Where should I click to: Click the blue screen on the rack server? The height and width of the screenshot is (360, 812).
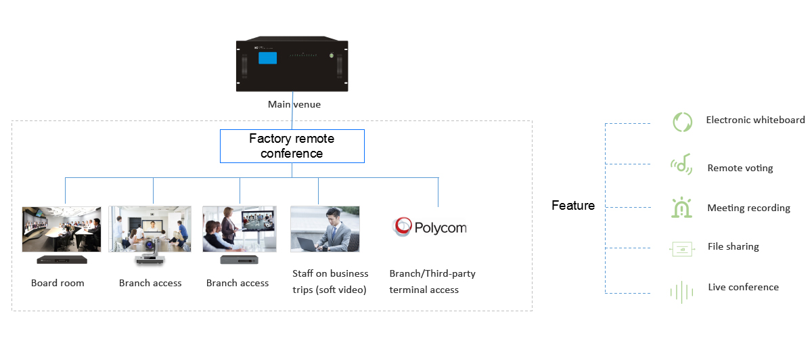(267, 59)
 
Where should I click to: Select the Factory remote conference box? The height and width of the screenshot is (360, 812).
(292, 146)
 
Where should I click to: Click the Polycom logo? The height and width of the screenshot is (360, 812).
(430, 227)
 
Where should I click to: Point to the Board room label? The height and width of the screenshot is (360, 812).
(58, 283)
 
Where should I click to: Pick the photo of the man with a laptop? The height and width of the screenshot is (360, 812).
(325, 229)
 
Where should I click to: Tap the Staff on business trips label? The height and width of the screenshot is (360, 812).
(330, 282)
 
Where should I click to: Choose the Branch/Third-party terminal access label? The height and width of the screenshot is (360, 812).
(432, 282)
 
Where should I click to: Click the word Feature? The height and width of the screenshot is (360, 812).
(573, 206)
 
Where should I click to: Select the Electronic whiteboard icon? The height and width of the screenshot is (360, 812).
(681, 122)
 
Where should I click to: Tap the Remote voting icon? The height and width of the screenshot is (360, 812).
(680, 165)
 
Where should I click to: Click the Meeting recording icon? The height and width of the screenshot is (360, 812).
(680, 208)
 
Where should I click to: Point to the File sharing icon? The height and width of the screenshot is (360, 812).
(681, 248)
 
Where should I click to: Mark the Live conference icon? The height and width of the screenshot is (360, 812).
(681, 292)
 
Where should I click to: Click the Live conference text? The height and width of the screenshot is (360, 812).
(743, 287)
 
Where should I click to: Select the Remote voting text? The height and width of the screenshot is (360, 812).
(740, 168)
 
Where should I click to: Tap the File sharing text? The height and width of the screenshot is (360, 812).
(733, 246)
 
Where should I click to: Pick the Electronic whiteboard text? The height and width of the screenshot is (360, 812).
(755, 120)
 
